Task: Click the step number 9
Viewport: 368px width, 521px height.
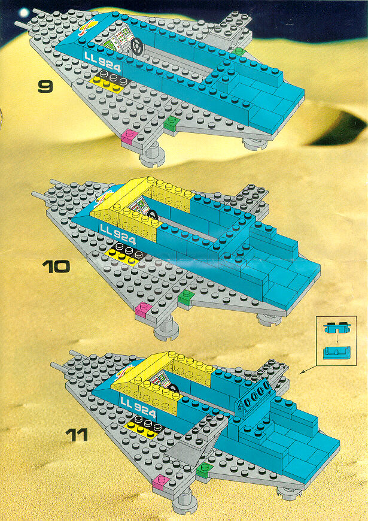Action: pyautogui.click(x=45, y=87)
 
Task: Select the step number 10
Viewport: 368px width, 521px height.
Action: pyautogui.click(x=57, y=266)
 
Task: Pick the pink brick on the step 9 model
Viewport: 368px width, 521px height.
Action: pyautogui.click(x=128, y=137)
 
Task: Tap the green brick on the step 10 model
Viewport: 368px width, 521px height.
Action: pyautogui.click(x=185, y=296)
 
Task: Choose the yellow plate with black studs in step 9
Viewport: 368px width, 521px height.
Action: pyautogui.click(x=108, y=80)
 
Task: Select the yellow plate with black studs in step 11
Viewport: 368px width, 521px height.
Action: pyautogui.click(x=144, y=426)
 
